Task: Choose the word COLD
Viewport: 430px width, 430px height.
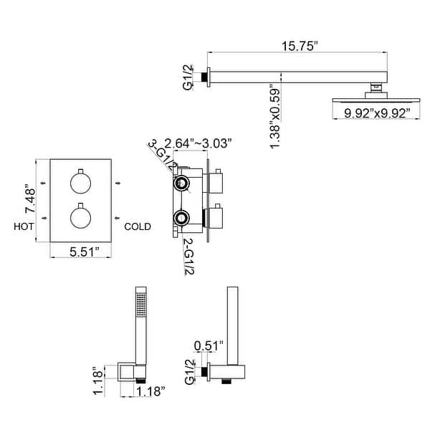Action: (x=138, y=226)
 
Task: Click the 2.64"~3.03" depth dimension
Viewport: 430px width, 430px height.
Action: (x=198, y=143)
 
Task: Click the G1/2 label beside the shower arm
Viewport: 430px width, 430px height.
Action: (x=188, y=76)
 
